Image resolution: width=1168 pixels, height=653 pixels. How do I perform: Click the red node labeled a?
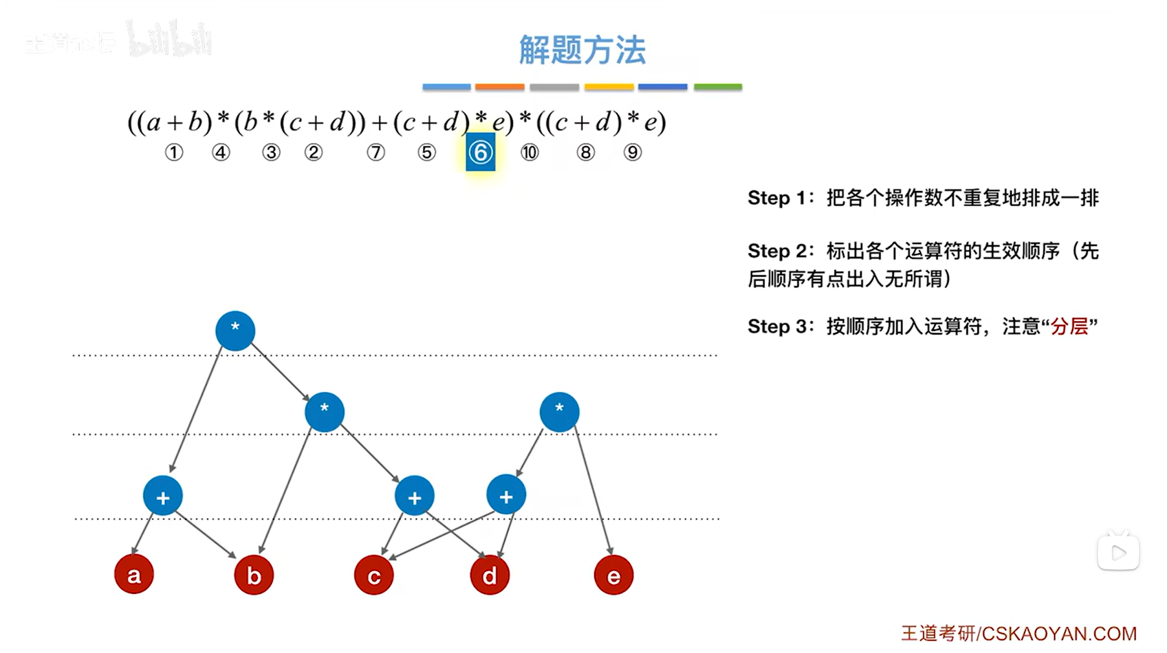point(134,574)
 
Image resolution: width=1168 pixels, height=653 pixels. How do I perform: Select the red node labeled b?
point(254,575)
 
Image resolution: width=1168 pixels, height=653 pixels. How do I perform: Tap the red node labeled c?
point(374,575)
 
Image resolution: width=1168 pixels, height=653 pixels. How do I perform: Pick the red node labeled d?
point(490,575)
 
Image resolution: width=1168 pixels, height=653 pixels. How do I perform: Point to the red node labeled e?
point(614,575)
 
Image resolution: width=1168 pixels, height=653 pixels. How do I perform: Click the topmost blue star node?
point(235,331)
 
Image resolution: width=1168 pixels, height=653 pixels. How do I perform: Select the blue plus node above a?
point(163,496)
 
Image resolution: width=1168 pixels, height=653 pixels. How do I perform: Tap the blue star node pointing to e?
point(559,412)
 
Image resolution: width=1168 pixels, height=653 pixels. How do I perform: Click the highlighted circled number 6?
point(481,153)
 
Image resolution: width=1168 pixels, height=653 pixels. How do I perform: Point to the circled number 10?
point(529,153)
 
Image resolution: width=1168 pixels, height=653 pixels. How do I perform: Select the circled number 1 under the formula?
point(174,153)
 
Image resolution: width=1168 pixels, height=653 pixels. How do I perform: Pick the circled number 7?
point(376,153)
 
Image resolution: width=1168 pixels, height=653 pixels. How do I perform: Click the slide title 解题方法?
point(582,50)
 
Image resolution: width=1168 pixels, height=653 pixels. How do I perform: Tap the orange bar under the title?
point(499,87)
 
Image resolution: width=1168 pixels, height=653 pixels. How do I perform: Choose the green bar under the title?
point(717,87)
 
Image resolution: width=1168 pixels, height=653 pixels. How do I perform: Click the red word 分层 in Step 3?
point(1069,326)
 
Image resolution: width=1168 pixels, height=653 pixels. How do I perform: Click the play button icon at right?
point(1119,553)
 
